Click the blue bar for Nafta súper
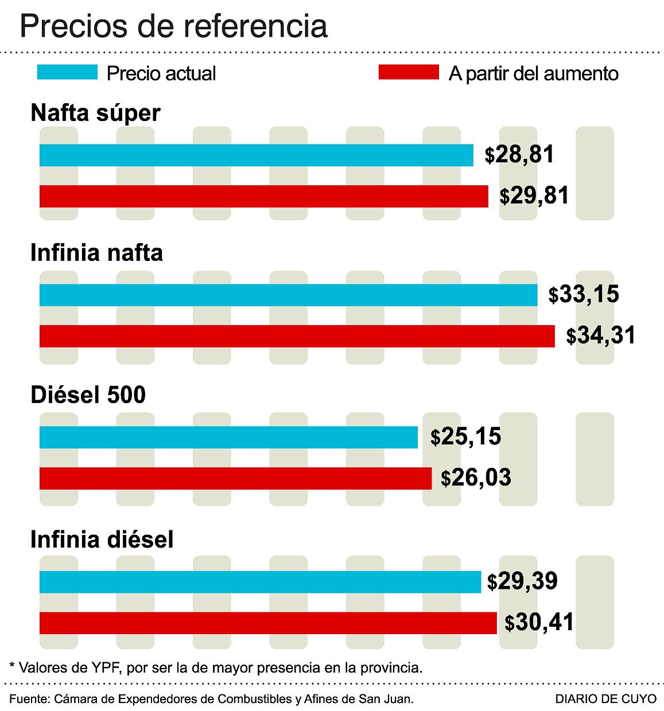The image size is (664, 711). [256, 155]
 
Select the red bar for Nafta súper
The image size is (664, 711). [263, 196]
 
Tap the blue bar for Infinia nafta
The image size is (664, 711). [288, 295]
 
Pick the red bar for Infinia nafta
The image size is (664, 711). [297, 336]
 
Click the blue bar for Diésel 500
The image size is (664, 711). [228, 437]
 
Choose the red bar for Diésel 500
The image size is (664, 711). [235, 478]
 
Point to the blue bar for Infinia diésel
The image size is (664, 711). [260, 582]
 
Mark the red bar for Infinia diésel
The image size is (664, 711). [268, 623]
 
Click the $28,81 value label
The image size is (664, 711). [519, 155]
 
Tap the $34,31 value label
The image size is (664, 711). [601, 335]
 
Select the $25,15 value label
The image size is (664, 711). [465, 437]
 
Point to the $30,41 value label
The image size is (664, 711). [539, 623]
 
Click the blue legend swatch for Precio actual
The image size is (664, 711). [67, 72]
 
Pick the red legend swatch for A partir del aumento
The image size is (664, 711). [409, 72]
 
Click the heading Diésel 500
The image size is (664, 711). [88, 395]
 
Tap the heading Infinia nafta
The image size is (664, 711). [96, 253]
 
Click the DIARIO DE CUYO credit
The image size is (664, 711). [605, 699]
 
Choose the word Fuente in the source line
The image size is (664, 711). [28, 699]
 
